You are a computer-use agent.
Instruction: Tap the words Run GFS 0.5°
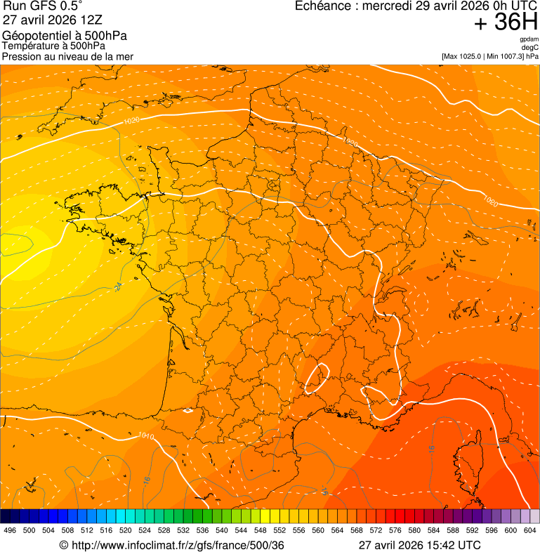coord(43,6)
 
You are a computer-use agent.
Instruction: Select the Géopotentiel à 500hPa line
coord(65,36)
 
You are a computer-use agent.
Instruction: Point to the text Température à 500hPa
coord(58,46)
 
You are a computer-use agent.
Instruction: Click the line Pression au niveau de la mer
coord(67,56)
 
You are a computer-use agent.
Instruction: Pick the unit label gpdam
coord(529,39)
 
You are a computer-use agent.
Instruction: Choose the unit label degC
coord(530,47)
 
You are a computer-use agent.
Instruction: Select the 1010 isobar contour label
coord(146,436)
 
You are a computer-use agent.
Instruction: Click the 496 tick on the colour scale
coord(10,530)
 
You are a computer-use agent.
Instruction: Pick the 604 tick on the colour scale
coord(530,530)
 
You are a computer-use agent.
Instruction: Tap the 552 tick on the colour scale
coord(279,530)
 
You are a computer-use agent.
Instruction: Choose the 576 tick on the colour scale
coord(395,530)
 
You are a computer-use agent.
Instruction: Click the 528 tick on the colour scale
coord(164,530)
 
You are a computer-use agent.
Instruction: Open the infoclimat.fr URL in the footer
coord(177,545)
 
